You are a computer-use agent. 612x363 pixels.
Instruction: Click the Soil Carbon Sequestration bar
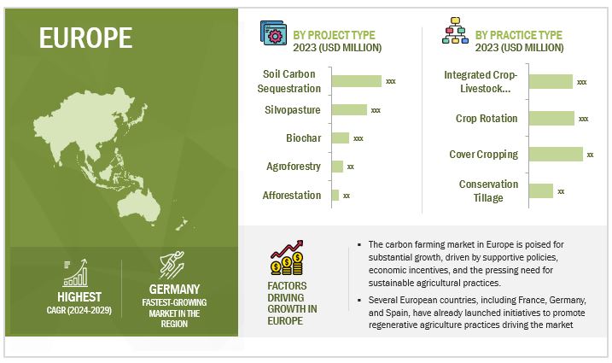click(x=356, y=81)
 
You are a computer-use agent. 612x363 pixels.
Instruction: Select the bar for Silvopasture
click(x=349, y=110)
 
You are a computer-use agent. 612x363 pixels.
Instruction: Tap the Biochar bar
click(x=341, y=138)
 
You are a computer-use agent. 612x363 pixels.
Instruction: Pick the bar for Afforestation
click(x=335, y=195)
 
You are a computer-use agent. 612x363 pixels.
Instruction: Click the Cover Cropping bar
click(x=556, y=155)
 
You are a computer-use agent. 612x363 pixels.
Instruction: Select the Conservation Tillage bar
click(x=541, y=190)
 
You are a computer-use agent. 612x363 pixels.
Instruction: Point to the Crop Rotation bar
click(x=551, y=119)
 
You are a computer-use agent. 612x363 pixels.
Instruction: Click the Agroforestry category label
click(x=294, y=167)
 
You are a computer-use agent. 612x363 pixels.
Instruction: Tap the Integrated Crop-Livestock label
click(x=481, y=81)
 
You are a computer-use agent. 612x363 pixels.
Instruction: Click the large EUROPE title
click(x=86, y=38)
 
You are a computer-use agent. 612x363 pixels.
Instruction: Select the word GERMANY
click(x=174, y=290)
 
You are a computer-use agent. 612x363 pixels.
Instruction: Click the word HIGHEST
click(x=79, y=297)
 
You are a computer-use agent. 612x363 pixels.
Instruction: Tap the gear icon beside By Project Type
click(x=273, y=33)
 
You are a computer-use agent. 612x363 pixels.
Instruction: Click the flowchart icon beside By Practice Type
click(x=455, y=31)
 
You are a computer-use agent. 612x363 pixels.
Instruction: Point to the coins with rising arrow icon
click(x=287, y=257)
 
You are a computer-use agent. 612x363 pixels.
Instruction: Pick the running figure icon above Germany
click(x=172, y=265)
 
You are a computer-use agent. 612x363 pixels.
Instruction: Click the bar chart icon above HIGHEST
click(x=75, y=272)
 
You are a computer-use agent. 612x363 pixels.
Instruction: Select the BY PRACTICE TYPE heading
click(x=519, y=35)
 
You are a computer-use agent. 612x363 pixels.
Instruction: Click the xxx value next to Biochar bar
click(x=358, y=138)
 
